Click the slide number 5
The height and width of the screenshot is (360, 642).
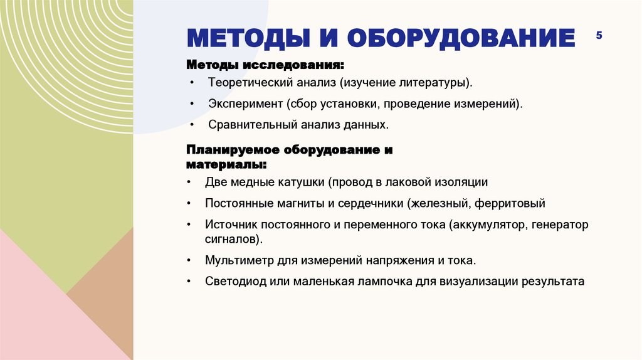[x=599, y=36]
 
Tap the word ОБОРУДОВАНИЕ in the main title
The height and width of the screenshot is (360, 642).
[x=461, y=38]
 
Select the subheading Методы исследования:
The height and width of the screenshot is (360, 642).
[x=265, y=65]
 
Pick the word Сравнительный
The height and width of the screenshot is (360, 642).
[x=244, y=125]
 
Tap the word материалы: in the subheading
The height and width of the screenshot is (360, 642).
[x=226, y=164]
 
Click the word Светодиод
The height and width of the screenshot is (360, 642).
[x=231, y=281]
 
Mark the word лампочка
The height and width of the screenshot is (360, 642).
[x=384, y=281]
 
